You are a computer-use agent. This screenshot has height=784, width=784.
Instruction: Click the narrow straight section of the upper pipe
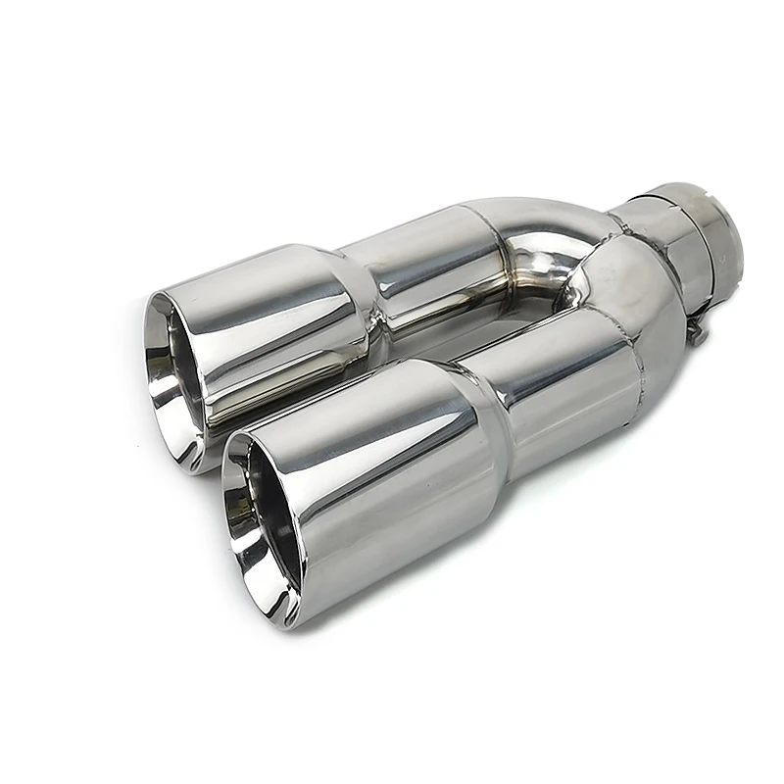coord(431,265)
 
